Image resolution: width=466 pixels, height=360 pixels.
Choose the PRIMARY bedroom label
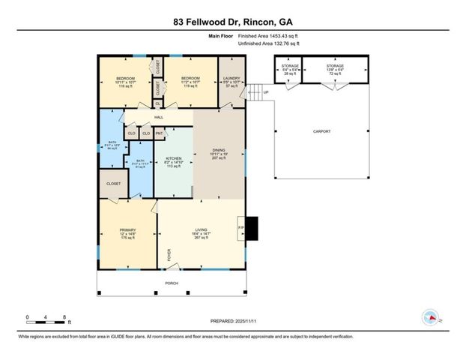point(127,231)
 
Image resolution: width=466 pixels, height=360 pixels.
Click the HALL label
point(159,118)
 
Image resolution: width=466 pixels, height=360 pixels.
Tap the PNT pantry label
point(159,133)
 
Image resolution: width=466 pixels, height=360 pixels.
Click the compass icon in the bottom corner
point(431,317)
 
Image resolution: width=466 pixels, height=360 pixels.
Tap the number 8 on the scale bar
point(66,317)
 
